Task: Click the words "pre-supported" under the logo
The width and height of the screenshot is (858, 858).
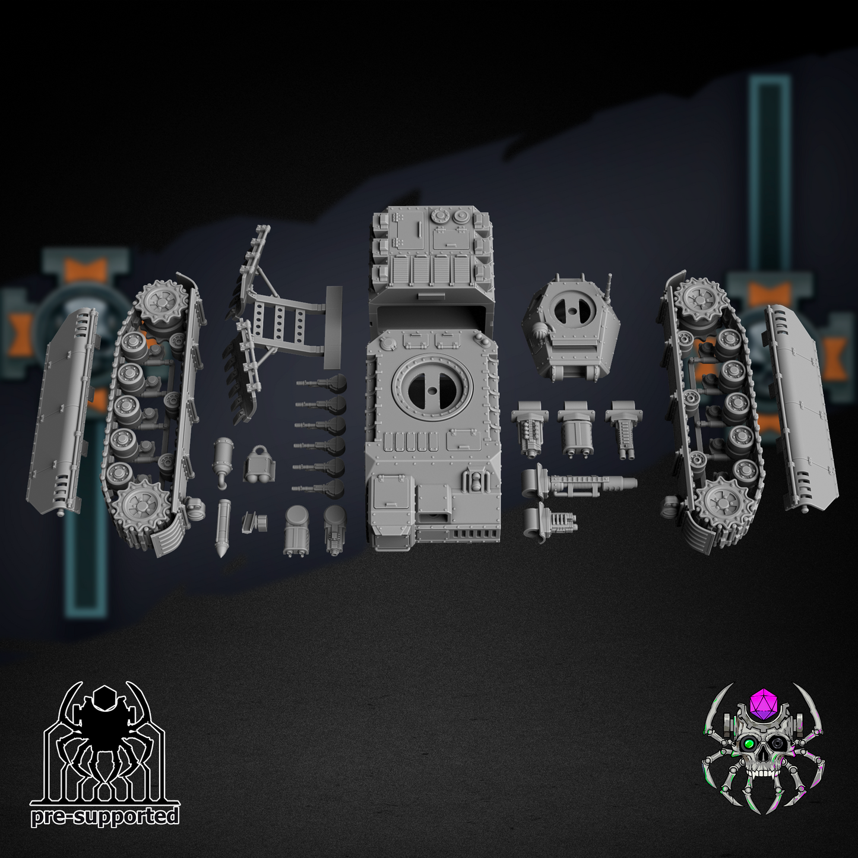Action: coord(105,817)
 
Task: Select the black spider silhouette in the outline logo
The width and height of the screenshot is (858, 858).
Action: coord(106,730)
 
